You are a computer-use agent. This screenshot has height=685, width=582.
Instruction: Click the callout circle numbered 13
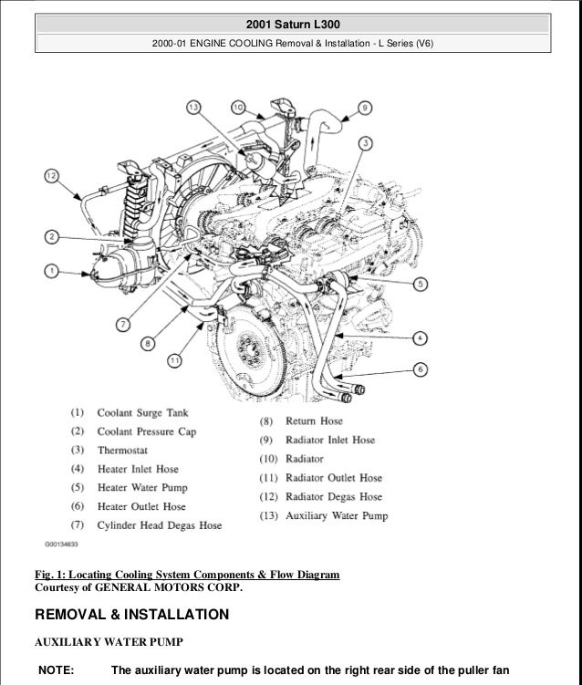point(193,109)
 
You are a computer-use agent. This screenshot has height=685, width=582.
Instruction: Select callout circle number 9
point(364,108)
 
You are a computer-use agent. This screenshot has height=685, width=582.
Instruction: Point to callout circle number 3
point(364,143)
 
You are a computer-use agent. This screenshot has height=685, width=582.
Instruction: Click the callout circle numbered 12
point(51,175)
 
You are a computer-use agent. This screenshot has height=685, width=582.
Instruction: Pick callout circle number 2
point(51,237)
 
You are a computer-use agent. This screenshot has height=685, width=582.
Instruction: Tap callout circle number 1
point(51,270)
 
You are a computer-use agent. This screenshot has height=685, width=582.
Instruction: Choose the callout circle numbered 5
point(419,285)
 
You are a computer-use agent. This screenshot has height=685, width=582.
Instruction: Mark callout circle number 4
point(419,337)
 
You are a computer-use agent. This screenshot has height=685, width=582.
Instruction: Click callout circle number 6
point(419,369)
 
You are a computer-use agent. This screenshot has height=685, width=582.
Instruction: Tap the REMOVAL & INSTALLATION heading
point(131,615)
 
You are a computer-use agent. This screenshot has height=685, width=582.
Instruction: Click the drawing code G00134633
point(60,544)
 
